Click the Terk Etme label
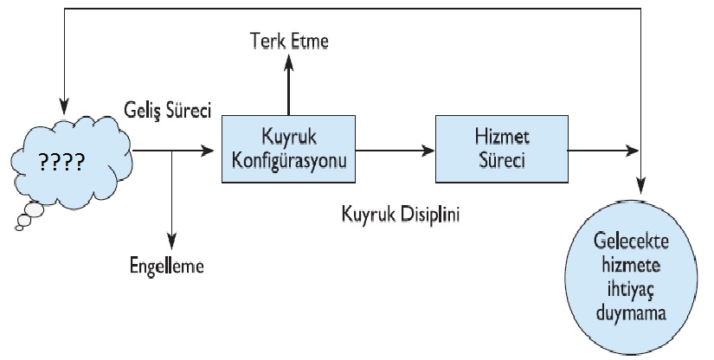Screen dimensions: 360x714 point(289,41)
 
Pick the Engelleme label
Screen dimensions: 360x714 point(162,266)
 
